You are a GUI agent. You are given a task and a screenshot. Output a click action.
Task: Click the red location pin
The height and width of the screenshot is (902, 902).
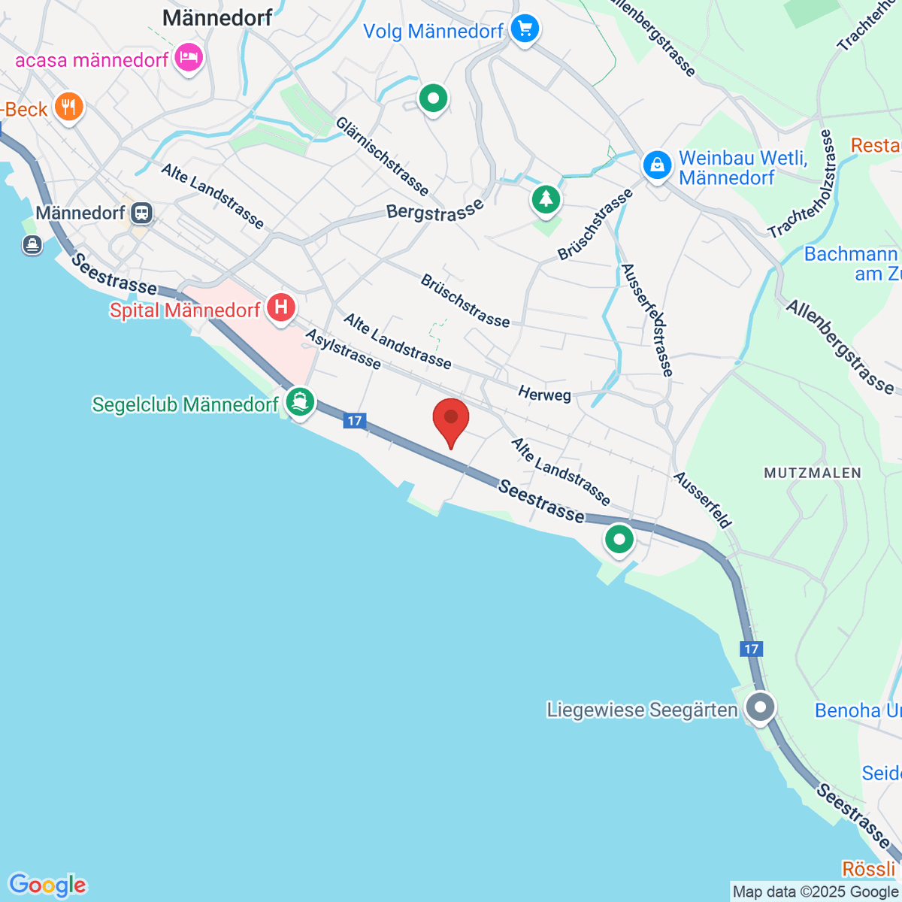tap(451, 419)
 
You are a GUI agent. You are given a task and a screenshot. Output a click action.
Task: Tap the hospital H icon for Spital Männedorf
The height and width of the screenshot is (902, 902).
tap(281, 307)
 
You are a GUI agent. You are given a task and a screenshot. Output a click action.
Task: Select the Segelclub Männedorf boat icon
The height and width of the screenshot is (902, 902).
tap(300, 402)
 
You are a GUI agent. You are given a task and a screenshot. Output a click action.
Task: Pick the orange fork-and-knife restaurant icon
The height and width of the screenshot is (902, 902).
tap(69, 107)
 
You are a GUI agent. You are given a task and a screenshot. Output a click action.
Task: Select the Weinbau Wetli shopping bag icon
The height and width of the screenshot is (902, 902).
tap(657, 165)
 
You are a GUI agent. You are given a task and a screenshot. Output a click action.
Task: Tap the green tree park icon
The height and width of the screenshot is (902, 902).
tap(546, 200)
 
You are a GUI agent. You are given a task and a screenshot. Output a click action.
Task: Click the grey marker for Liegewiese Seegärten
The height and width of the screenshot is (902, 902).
tap(761, 707)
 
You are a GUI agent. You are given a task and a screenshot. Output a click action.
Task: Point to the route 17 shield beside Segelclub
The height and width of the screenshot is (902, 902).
tap(355, 421)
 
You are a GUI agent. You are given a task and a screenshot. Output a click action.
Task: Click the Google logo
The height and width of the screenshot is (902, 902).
tap(47, 885)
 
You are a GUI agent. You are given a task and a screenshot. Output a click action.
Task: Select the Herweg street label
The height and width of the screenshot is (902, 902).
tap(544, 394)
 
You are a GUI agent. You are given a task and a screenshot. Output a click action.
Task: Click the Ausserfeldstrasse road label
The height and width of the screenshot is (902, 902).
tap(647, 320)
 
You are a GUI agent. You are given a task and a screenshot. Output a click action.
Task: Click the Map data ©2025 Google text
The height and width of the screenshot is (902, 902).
tap(815, 891)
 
